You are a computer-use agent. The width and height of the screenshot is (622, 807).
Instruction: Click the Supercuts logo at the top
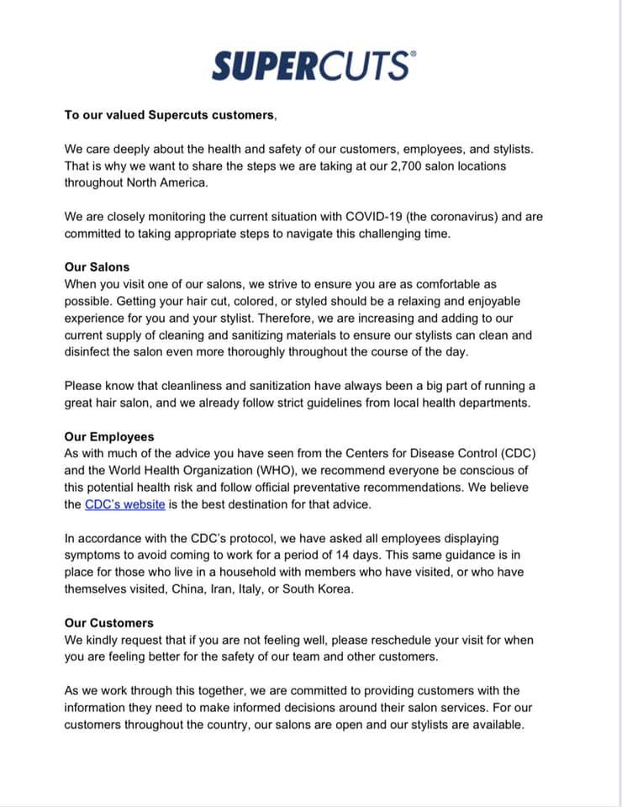(x=310, y=65)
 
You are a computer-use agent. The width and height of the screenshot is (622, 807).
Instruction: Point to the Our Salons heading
(x=98, y=267)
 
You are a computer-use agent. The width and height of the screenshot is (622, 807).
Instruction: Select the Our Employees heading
(x=109, y=437)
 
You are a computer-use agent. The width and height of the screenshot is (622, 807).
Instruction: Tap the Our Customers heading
(x=109, y=623)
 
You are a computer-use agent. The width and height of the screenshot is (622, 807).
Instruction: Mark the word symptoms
(x=94, y=555)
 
